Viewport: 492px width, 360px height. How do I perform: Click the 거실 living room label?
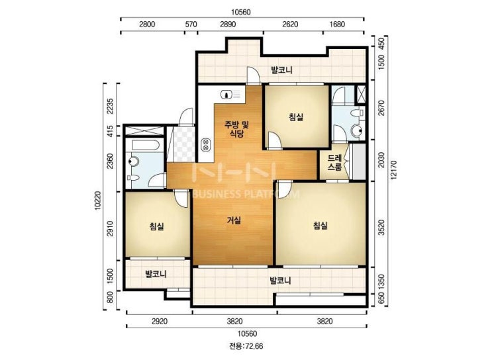tap(234, 220)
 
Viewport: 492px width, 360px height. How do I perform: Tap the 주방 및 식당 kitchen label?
tap(236, 129)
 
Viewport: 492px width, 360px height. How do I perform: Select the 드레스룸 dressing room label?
tap(334, 162)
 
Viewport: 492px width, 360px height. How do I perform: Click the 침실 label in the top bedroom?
tap(296, 117)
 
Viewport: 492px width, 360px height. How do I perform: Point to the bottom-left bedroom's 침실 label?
tap(156, 226)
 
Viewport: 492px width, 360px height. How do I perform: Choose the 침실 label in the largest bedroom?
tap(320, 225)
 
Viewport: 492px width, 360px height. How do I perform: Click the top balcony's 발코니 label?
tap(282, 69)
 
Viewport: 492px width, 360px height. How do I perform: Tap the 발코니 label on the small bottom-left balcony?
tap(156, 274)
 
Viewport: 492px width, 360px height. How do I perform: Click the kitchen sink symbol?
tap(230, 94)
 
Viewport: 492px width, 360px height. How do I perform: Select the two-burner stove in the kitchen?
tap(205, 144)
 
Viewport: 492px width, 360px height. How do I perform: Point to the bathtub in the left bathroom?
tap(146, 146)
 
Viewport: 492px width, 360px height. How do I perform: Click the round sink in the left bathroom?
tap(134, 161)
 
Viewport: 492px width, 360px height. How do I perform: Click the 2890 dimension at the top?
tap(228, 24)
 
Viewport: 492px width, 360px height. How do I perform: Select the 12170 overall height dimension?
tap(394, 170)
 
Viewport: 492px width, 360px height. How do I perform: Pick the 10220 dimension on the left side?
tap(97, 201)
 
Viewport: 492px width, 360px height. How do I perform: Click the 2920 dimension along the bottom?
tap(160, 321)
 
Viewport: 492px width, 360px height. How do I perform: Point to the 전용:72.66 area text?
tap(246, 346)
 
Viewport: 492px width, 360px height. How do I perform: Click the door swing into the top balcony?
tap(254, 75)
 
